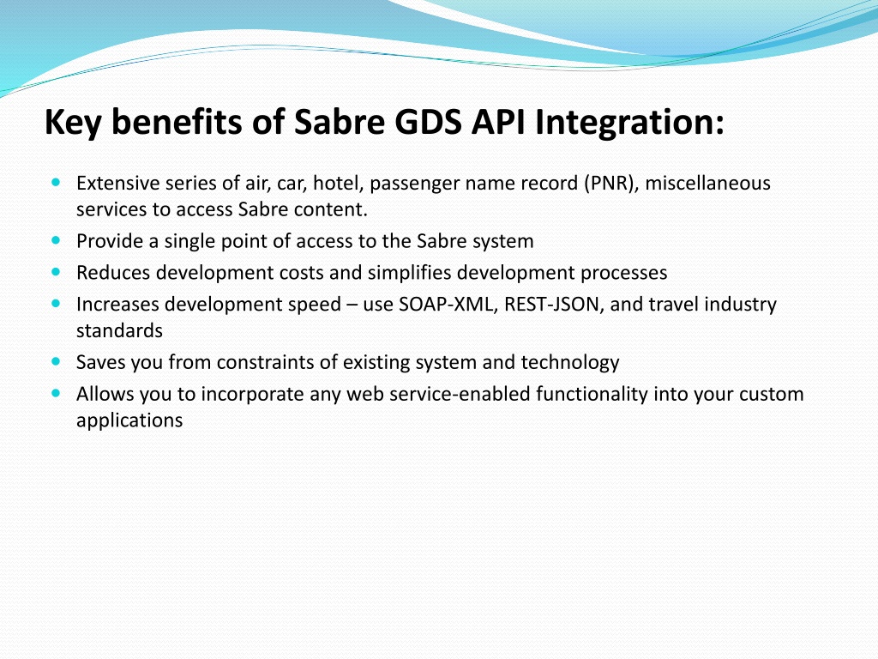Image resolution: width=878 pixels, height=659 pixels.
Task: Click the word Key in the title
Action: click(x=73, y=122)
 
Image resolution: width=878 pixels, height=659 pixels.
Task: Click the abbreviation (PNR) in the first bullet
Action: click(x=611, y=184)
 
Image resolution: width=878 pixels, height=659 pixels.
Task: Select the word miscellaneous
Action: click(x=707, y=184)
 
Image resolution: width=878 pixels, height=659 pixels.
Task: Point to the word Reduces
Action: click(x=114, y=273)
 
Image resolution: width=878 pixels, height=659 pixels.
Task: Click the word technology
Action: click(x=570, y=363)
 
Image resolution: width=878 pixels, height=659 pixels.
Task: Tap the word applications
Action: click(x=129, y=420)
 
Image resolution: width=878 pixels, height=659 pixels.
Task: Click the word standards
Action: click(x=119, y=330)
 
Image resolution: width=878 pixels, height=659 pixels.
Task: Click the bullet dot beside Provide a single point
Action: click(x=56, y=240)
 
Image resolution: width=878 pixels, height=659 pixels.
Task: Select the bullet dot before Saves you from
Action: click(x=56, y=361)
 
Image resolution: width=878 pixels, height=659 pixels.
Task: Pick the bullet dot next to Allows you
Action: click(x=56, y=393)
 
